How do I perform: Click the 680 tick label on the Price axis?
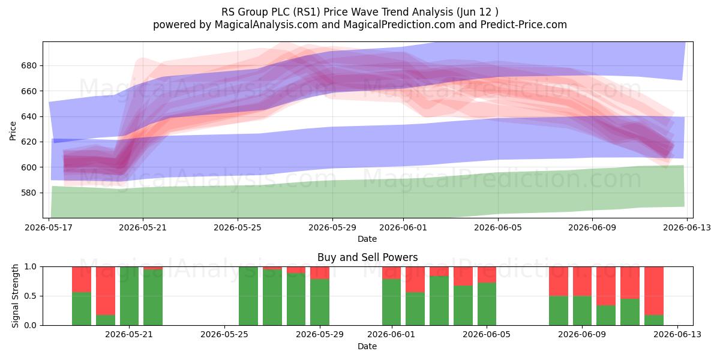[x=29, y=65]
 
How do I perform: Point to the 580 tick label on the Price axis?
[x=29, y=193]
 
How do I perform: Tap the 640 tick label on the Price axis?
[x=29, y=116]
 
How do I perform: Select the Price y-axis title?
[x=13, y=131]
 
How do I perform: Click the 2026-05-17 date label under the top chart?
[x=49, y=227]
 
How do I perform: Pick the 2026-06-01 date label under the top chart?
[x=403, y=227]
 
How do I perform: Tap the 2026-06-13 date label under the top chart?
[x=687, y=227]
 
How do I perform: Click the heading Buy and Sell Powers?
[x=367, y=257]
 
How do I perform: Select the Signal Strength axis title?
[x=15, y=296]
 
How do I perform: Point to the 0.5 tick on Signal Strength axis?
[x=31, y=296]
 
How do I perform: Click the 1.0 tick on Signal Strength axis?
[x=31, y=267]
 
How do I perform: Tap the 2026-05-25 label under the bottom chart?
[x=224, y=335]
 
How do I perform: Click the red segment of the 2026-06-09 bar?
[x=582, y=281]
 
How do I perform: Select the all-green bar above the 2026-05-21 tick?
[x=129, y=296]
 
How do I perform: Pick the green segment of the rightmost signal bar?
[x=654, y=320]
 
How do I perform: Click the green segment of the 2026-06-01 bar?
[x=391, y=302]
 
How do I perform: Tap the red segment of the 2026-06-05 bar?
[x=487, y=275]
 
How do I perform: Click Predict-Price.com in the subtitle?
[x=524, y=25]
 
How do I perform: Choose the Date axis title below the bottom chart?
[x=367, y=346]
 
